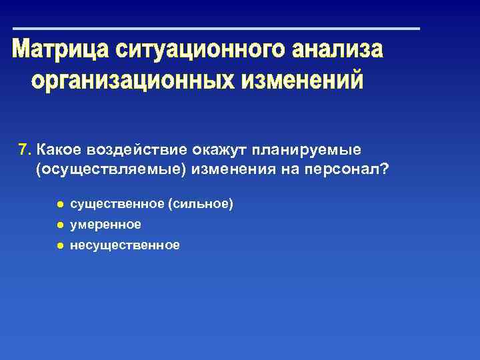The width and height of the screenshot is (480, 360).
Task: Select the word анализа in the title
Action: tap(338, 51)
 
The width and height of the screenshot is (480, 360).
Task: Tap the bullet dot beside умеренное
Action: tap(59, 225)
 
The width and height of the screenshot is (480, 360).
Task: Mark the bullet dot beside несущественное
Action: tap(59, 245)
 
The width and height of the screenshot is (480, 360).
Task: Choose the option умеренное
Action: tap(105, 225)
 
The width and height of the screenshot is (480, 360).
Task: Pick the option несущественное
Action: tap(125, 245)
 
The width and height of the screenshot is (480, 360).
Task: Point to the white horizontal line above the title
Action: tap(217, 29)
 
